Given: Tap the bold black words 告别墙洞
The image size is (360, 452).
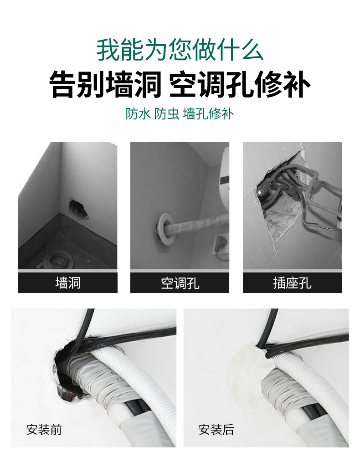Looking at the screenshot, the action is [x=105, y=85].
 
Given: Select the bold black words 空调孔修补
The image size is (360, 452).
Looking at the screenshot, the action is [x=240, y=85].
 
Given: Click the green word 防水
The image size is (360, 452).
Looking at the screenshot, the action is [x=138, y=114].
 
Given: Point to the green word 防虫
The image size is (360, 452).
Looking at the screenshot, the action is [x=167, y=114].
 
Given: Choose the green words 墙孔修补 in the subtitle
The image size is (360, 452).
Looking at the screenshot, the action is [x=208, y=114].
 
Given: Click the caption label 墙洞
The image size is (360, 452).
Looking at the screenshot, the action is [x=68, y=283].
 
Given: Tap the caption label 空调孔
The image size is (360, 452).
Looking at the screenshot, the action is [x=180, y=283].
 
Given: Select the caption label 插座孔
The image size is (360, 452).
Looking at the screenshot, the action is [x=292, y=283].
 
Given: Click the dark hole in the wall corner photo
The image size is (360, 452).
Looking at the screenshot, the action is [x=78, y=208].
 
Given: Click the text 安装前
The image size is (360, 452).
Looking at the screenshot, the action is [x=44, y=430].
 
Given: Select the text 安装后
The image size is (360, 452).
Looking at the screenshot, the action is [x=216, y=430].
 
